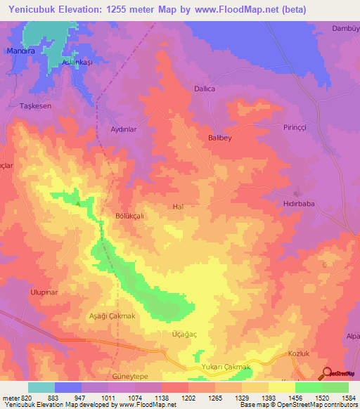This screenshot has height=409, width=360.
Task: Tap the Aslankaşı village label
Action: point(78,63)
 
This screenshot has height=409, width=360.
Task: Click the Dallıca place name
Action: point(205,89)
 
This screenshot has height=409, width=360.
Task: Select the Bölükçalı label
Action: point(129,216)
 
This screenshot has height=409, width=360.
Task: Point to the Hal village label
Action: point(178,207)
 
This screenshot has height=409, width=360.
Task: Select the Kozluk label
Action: point(300,354)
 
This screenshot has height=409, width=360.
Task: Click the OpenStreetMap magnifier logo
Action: point(328,373)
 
